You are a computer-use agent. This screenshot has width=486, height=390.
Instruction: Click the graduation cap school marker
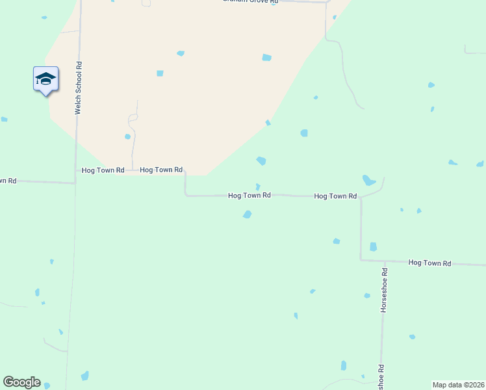[x=45, y=79]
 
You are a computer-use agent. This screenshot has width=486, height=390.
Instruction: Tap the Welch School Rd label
[x=78, y=88]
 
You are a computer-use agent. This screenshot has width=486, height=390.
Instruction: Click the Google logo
[x=21, y=382]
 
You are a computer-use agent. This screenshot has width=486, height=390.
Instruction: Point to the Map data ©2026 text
[x=459, y=385]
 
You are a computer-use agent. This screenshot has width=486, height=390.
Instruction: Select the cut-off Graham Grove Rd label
[x=250, y=2]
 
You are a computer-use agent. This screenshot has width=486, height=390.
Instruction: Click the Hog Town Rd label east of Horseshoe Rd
[x=429, y=263]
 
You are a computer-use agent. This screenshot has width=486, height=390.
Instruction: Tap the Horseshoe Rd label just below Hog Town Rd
[x=384, y=290]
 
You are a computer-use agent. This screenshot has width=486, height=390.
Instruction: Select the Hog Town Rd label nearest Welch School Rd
[x=103, y=170]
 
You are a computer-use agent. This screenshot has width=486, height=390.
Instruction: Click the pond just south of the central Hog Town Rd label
[x=247, y=214]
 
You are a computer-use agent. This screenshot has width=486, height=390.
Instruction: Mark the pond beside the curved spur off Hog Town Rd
[x=368, y=180]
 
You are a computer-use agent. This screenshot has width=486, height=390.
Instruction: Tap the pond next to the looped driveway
[x=127, y=136]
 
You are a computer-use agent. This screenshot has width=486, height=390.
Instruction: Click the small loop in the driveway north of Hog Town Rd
[x=133, y=118]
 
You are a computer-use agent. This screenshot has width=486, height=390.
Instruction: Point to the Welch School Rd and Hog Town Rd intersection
[x=75, y=183]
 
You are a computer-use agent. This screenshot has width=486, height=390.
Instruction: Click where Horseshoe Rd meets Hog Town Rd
[x=384, y=261]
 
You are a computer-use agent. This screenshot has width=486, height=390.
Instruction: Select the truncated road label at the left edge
[x=6, y=180]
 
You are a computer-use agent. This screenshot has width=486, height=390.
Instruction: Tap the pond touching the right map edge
[x=480, y=164]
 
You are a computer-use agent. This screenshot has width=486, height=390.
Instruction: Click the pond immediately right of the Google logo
[x=47, y=385]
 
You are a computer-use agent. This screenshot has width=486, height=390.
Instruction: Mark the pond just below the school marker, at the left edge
[x=4, y=120]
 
